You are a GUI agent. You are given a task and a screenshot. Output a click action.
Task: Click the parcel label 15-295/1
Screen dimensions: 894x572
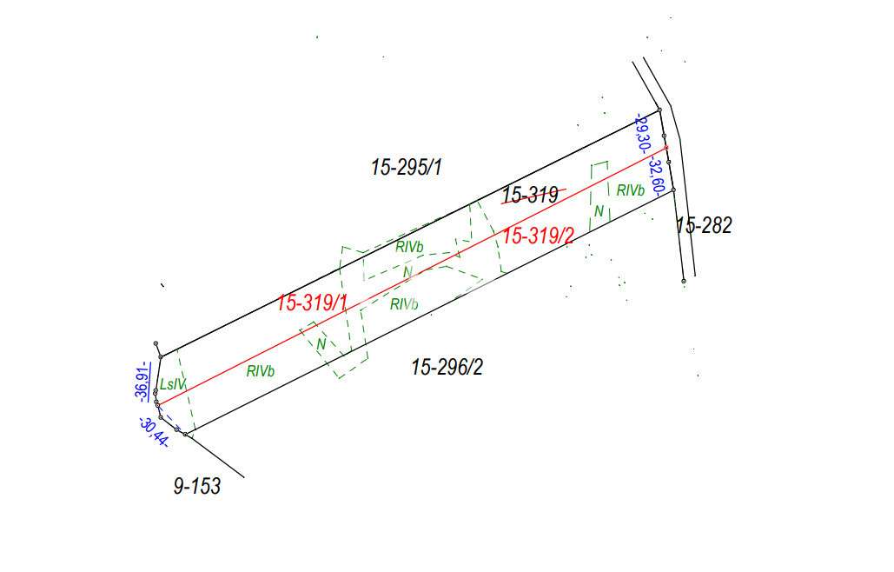(406, 167)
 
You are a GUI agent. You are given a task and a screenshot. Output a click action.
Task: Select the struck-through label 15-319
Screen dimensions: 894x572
(530, 195)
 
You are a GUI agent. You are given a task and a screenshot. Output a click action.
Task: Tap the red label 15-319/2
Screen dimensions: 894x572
(539, 235)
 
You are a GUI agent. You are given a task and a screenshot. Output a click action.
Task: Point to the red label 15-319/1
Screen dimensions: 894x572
(312, 303)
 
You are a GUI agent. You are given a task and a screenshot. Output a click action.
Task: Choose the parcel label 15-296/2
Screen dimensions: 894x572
(447, 367)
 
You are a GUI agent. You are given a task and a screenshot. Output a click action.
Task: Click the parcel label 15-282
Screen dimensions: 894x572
(704, 225)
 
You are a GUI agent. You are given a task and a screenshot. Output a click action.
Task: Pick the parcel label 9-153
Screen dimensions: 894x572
(196, 486)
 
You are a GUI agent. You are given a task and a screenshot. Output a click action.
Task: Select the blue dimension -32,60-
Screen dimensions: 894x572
(657, 177)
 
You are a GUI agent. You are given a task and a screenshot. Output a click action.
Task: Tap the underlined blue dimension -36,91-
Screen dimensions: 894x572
(142, 382)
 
